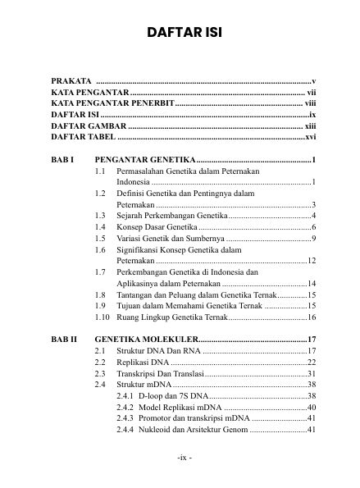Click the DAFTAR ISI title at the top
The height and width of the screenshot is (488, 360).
(180, 32)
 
